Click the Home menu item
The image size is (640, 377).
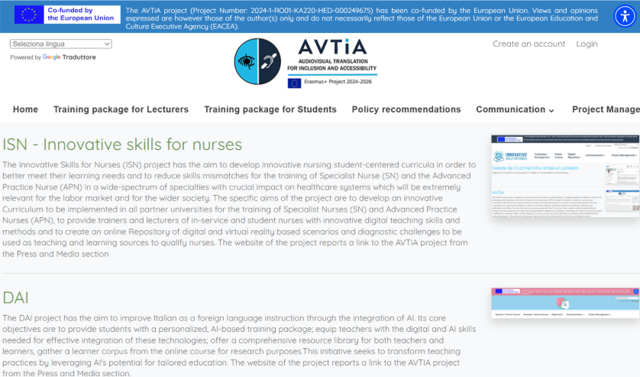click(25, 109)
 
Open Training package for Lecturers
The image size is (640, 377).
click(121, 109)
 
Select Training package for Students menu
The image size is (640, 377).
click(270, 109)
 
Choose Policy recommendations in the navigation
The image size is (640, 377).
click(406, 109)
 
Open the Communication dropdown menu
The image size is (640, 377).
click(515, 109)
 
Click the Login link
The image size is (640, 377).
click(587, 44)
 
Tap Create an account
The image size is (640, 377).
click(528, 44)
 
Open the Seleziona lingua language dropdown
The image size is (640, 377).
click(61, 44)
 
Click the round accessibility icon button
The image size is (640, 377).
click(624, 16)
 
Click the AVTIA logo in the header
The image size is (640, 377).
click(306, 63)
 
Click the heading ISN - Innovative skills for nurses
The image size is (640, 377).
click(122, 145)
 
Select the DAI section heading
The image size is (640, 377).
click(16, 297)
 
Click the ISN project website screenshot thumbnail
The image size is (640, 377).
click(564, 177)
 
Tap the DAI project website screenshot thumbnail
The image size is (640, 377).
click(564, 304)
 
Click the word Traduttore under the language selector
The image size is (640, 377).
click(79, 57)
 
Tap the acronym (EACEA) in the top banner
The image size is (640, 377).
click(219, 26)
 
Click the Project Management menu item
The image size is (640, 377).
click(607, 109)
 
